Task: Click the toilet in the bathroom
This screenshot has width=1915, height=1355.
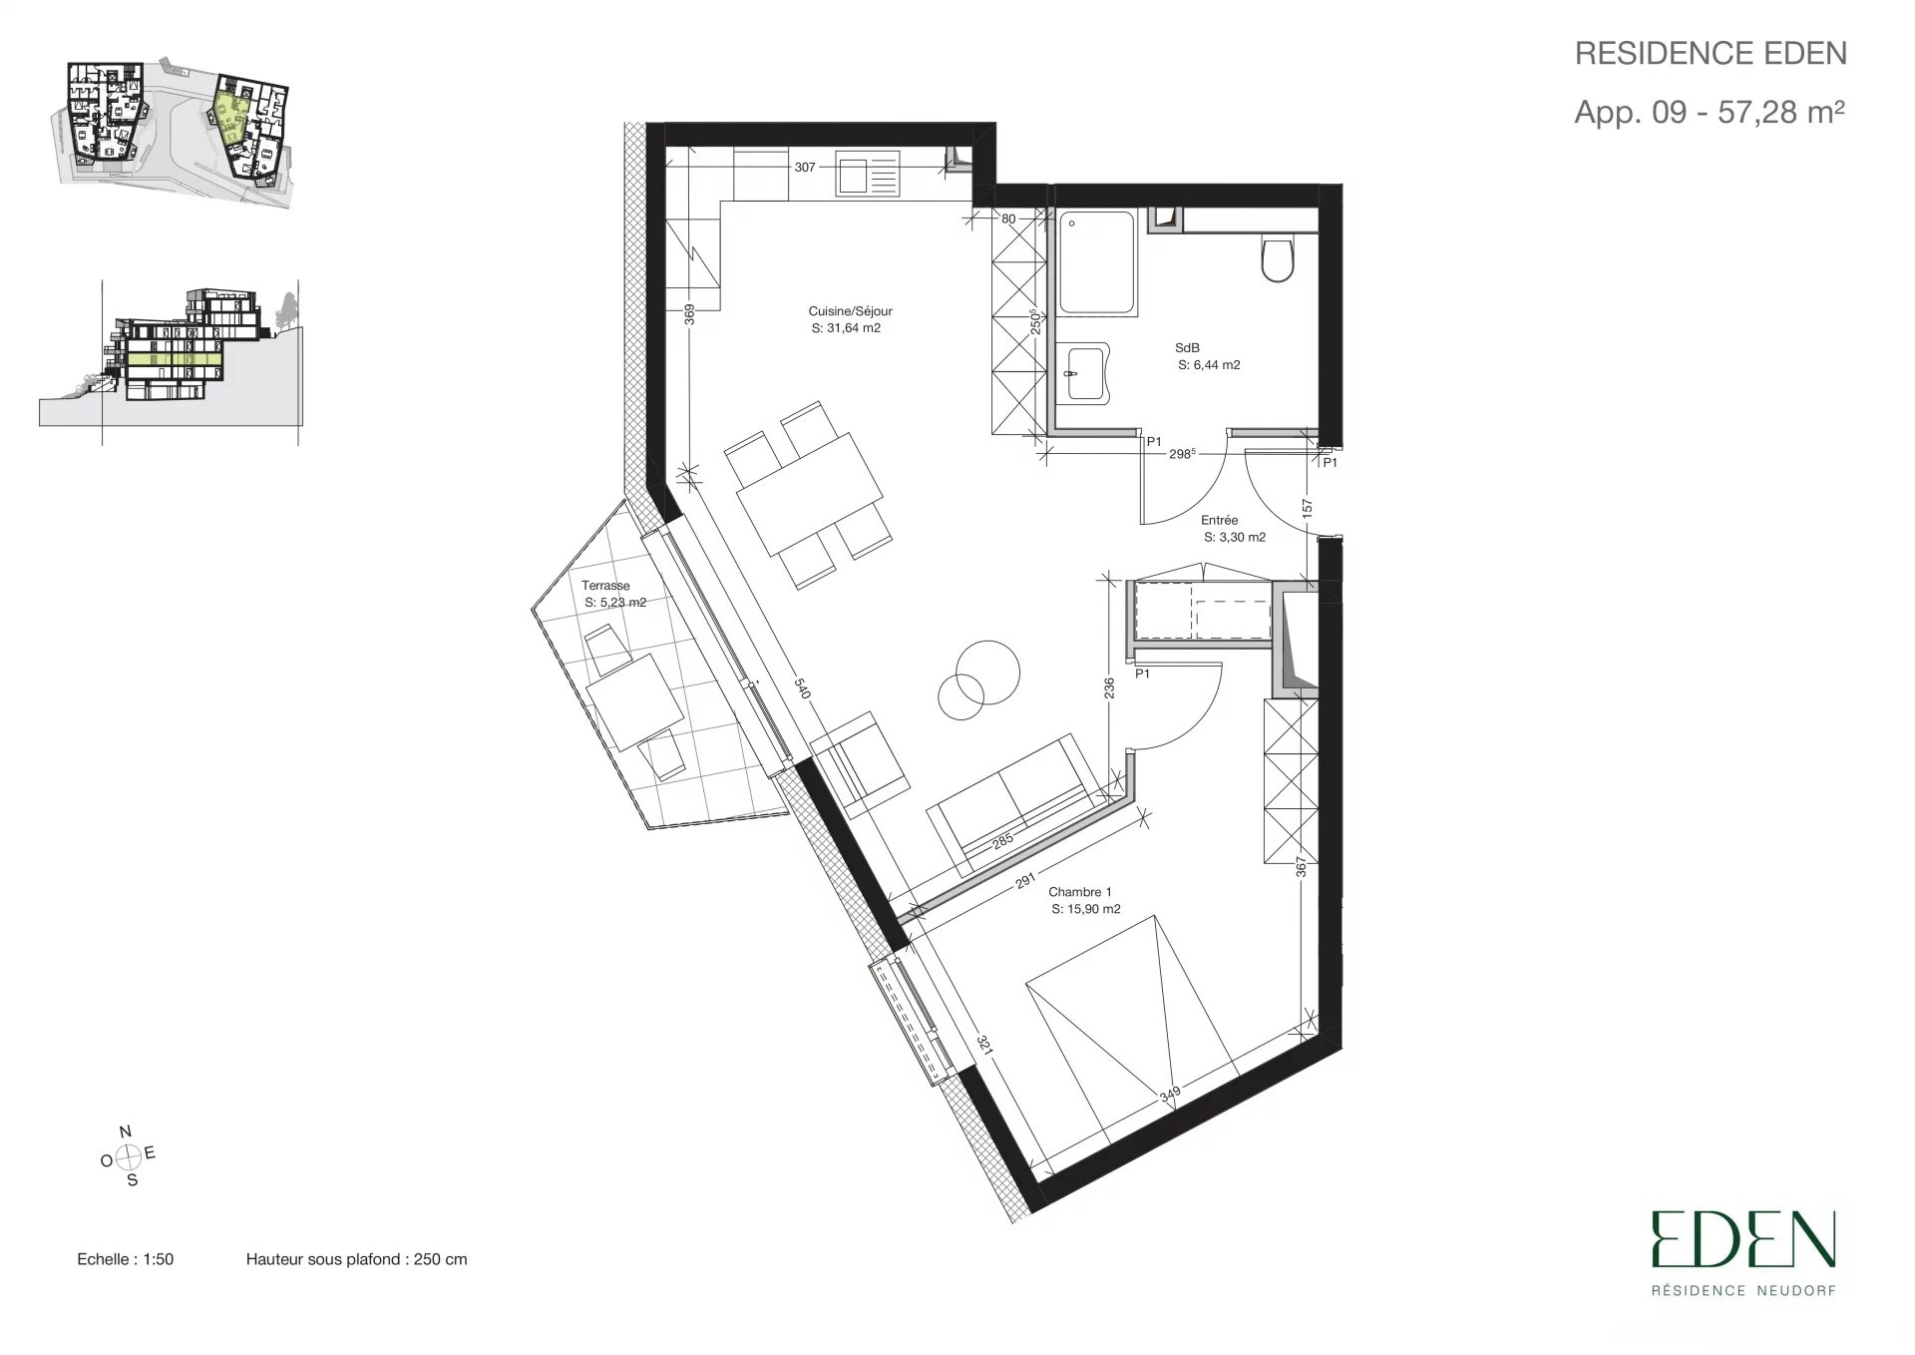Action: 1278,256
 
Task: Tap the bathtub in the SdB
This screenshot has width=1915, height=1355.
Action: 1096,263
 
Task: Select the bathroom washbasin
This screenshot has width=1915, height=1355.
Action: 1084,374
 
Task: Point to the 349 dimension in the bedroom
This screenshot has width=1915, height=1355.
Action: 1170,1094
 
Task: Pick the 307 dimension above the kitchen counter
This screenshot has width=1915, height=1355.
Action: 805,168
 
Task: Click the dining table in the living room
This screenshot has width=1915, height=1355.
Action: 809,494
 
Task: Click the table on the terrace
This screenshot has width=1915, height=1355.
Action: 635,701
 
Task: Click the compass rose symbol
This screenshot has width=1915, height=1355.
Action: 128,1157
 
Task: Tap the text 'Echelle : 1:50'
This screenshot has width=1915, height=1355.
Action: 125,1259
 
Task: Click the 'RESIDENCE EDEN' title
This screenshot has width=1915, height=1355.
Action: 1711,53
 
